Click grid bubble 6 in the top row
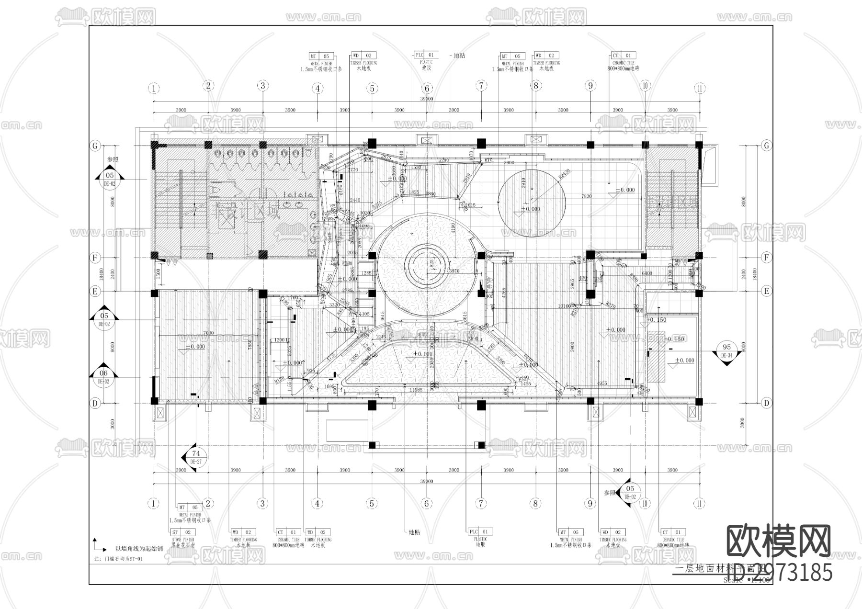[x=427, y=88]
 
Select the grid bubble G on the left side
[x=95, y=145]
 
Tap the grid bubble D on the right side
[x=766, y=403]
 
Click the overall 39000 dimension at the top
[x=426, y=99]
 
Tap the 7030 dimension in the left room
[x=208, y=333]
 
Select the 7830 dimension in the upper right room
[x=587, y=196]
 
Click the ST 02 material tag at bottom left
[x=182, y=532]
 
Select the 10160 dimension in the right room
[x=565, y=306]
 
